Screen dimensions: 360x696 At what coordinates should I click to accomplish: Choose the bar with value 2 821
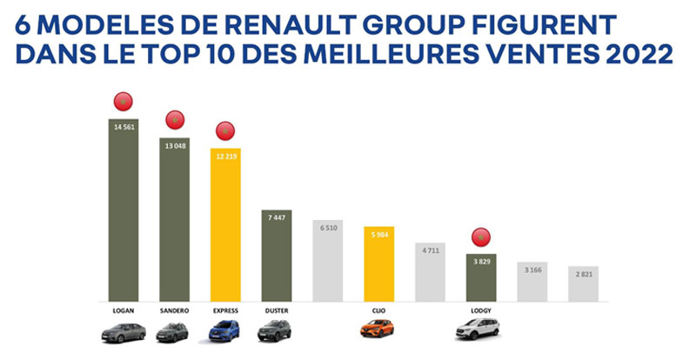584,283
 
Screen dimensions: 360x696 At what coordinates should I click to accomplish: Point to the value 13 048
174,145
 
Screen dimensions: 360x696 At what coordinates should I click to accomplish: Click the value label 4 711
431,250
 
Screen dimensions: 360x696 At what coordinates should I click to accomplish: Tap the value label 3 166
532,270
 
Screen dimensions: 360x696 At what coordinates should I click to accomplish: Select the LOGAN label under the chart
123,309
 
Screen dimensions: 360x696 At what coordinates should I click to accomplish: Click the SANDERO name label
174,309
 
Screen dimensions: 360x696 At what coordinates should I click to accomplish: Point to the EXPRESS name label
225,309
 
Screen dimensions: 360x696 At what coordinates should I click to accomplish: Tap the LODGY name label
481,309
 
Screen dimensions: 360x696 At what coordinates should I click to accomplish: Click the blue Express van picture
225,330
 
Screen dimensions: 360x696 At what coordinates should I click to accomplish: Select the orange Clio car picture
379,330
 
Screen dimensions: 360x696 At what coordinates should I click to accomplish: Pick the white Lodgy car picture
481,330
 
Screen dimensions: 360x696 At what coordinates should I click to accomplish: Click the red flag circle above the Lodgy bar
480,236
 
